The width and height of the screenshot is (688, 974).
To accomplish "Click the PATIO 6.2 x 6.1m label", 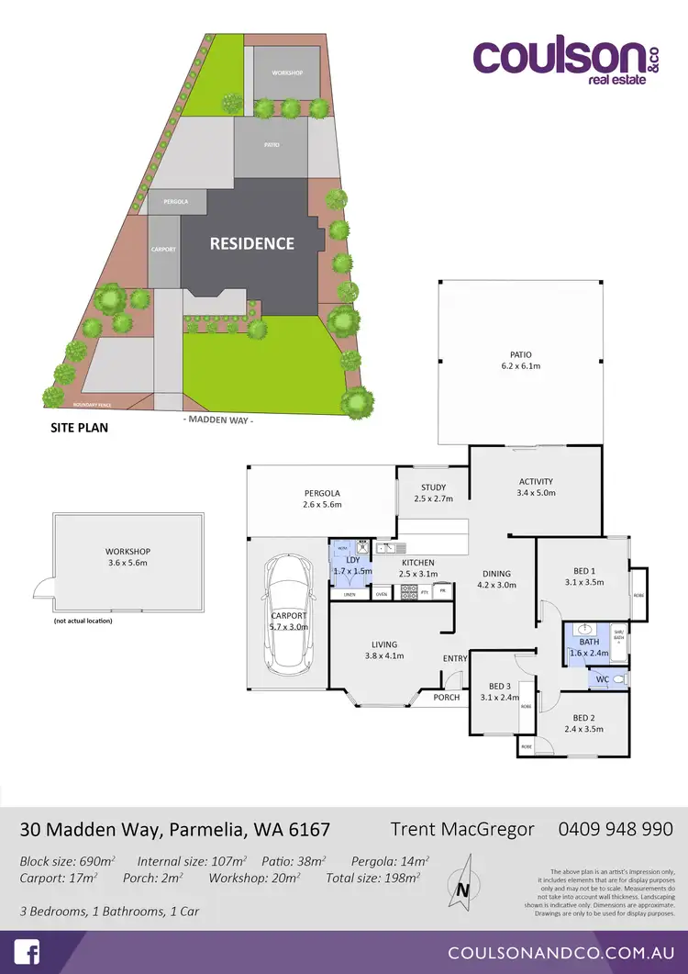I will coord(521,361).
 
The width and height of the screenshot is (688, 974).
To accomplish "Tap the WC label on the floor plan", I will coord(602,679).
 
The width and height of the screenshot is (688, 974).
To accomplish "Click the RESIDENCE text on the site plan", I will coord(252,243).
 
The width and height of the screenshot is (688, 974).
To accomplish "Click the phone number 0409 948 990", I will coord(616,829).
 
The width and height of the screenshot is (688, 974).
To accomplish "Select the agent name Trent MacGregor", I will coord(462,829).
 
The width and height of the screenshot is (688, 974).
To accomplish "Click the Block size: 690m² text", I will coord(67,861).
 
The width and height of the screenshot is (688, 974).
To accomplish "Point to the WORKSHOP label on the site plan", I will coord(287,73).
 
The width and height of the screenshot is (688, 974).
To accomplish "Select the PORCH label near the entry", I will coord(446,697).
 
